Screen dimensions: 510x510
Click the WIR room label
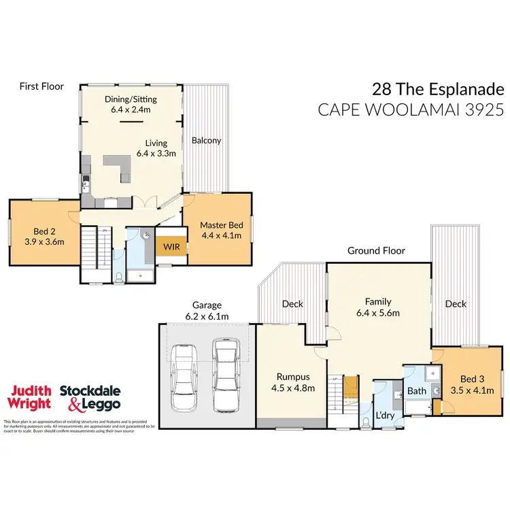170,247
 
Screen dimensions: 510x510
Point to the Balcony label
206,141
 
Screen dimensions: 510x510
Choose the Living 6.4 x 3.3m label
160,148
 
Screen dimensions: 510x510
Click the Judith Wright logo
29,396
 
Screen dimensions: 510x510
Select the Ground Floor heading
376,250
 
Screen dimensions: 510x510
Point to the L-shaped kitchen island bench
120,165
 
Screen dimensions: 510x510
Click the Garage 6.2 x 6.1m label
207,311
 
